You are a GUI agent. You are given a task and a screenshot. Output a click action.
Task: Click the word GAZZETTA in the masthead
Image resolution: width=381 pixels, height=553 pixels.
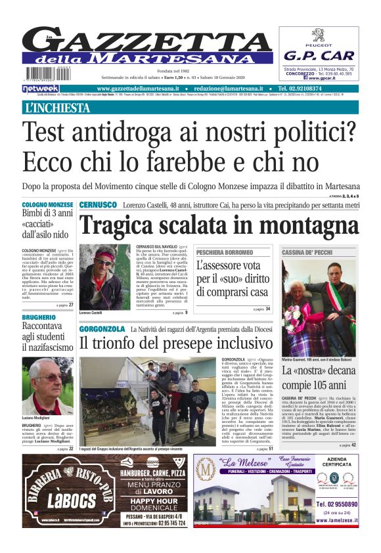[154, 41]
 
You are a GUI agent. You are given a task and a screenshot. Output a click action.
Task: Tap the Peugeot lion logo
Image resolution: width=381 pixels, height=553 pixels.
[319, 35]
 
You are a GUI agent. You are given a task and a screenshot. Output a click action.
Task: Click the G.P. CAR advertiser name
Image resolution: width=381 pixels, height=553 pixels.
[319, 55]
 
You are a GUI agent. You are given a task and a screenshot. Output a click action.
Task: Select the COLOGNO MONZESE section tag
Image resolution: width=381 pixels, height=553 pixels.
[47, 206]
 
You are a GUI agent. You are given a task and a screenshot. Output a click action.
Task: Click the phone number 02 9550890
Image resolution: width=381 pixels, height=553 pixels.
[337, 504]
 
